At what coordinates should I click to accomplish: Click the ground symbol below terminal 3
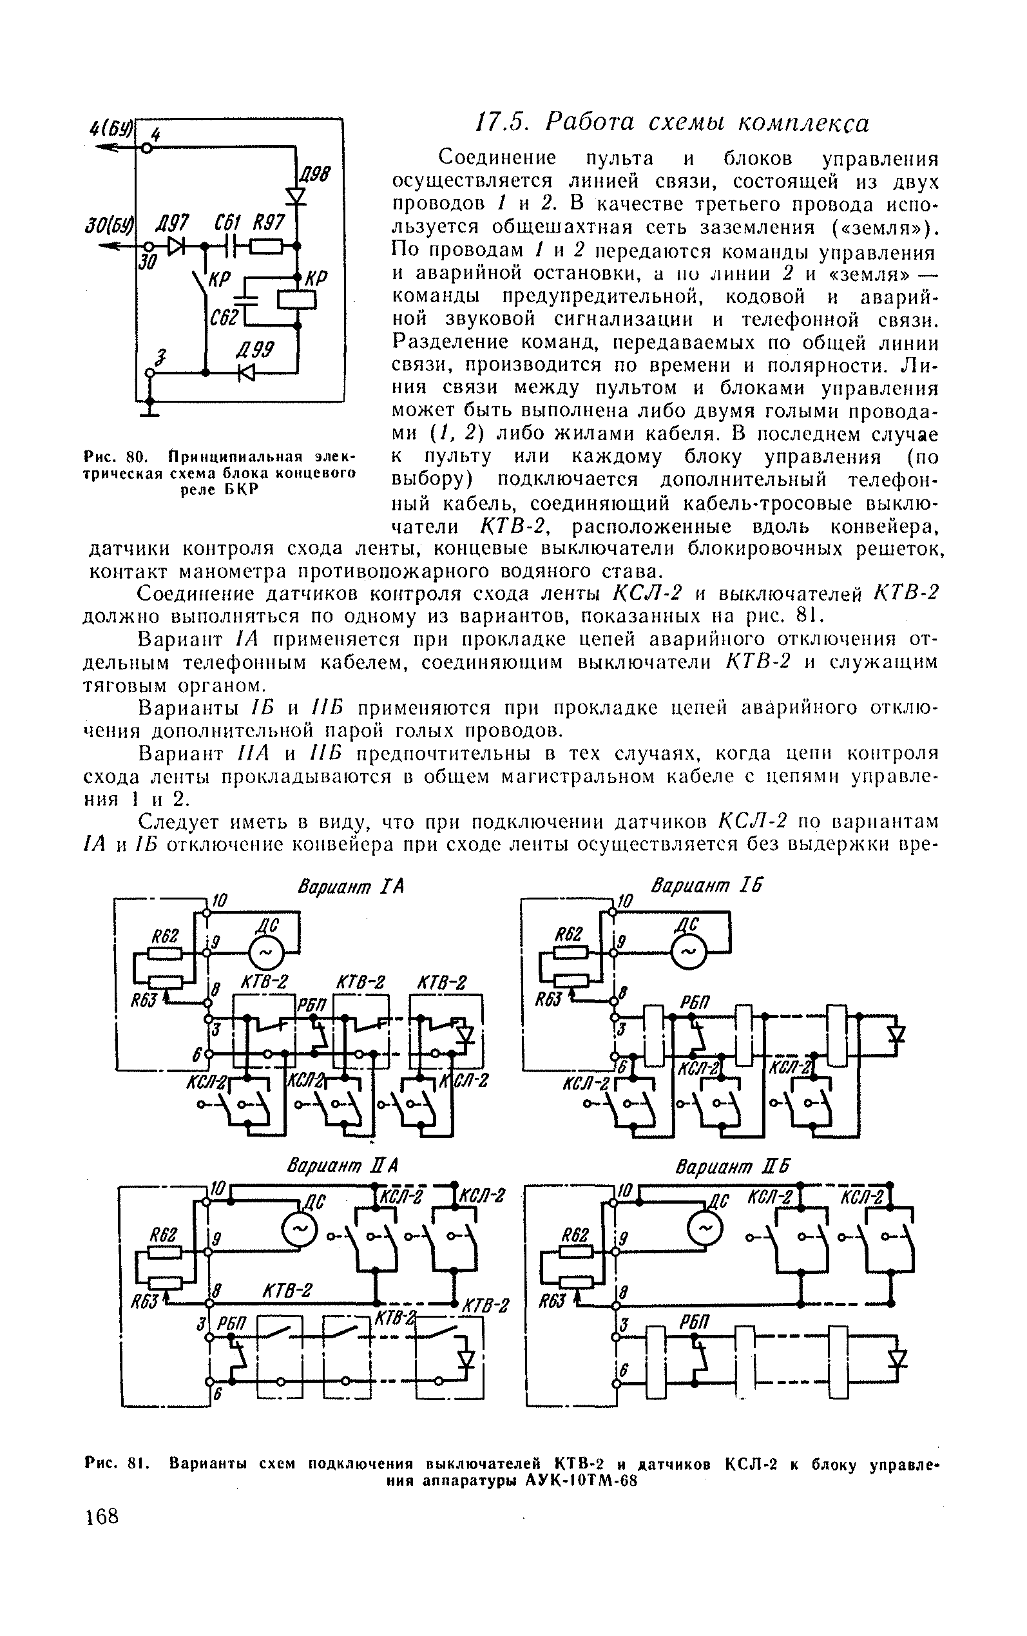151,410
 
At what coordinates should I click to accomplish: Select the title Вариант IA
350,887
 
